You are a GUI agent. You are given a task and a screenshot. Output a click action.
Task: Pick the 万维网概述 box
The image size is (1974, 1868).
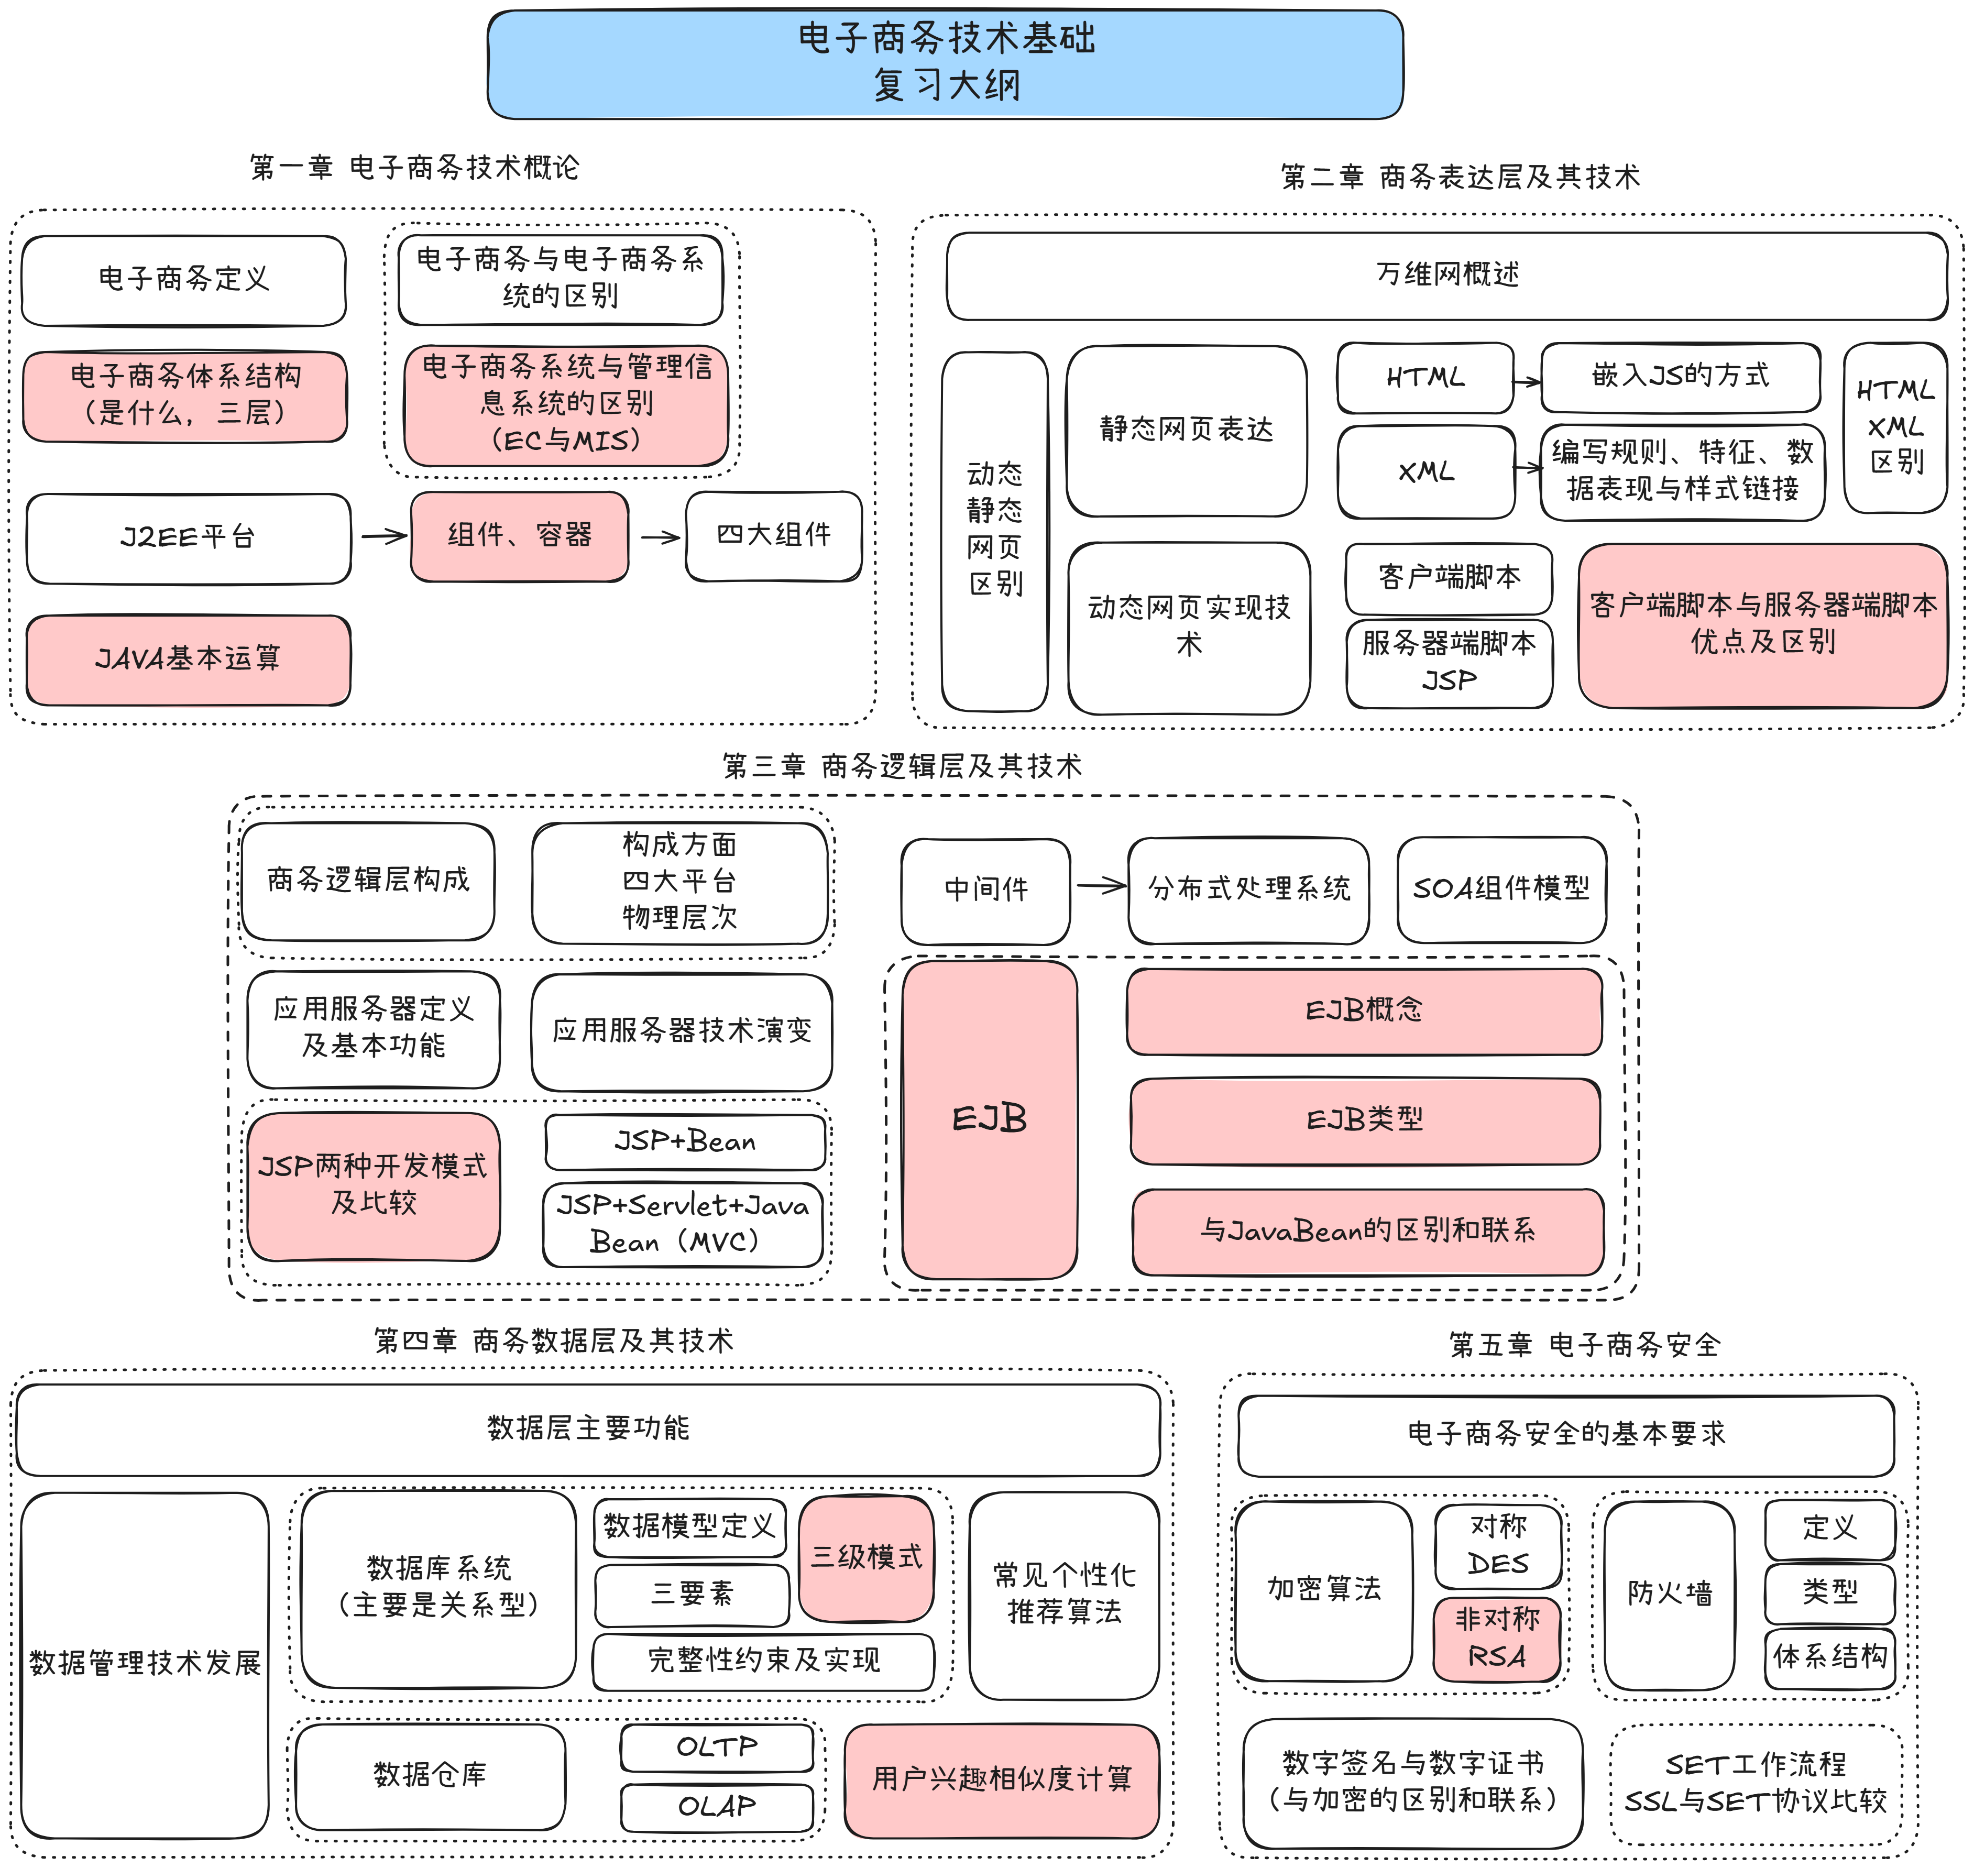click(x=1446, y=275)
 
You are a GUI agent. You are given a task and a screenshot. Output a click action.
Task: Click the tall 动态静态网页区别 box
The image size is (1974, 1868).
click(x=994, y=531)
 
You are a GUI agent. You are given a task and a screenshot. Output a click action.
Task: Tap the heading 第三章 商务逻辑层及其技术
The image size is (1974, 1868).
click(x=902, y=766)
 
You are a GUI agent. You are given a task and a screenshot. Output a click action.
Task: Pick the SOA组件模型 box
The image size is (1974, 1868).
click(x=1501, y=888)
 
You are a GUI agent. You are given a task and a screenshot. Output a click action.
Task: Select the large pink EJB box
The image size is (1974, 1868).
click(x=989, y=1119)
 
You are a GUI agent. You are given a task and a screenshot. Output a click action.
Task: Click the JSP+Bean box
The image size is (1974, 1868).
click(x=685, y=1142)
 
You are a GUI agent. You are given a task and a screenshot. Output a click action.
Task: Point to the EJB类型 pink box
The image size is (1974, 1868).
click(x=1365, y=1120)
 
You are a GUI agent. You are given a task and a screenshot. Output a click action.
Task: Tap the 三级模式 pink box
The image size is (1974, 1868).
click(x=867, y=1557)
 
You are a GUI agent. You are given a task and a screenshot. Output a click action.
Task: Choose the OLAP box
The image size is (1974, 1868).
click(x=716, y=1806)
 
